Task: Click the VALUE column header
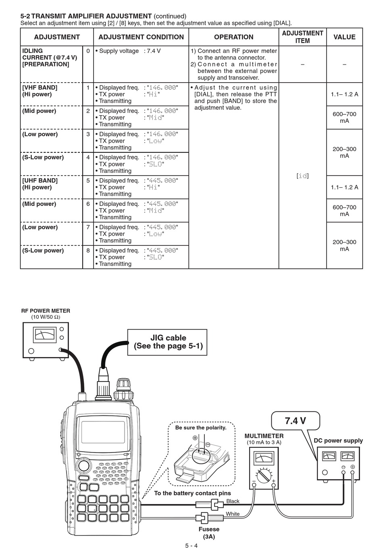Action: [344, 37]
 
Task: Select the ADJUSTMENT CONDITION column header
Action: [141, 37]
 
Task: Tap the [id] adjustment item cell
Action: [302, 176]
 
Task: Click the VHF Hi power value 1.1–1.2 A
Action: [344, 94]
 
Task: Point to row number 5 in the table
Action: [88, 181]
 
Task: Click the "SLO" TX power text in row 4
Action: [155, 164]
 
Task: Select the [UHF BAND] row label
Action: [40, 181]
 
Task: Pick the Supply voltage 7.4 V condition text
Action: [128, 51]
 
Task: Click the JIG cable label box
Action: [167, 342]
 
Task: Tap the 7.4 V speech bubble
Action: [296, 421]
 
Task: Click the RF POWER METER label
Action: [46, 311]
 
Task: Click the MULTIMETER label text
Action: [264, 436]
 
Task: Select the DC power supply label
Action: [338, 440]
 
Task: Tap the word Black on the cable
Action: [233, 501]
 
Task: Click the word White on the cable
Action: [233, 514]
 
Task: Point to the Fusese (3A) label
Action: [209, 533]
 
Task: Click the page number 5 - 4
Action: [191, 545]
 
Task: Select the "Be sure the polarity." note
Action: [201, 428]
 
